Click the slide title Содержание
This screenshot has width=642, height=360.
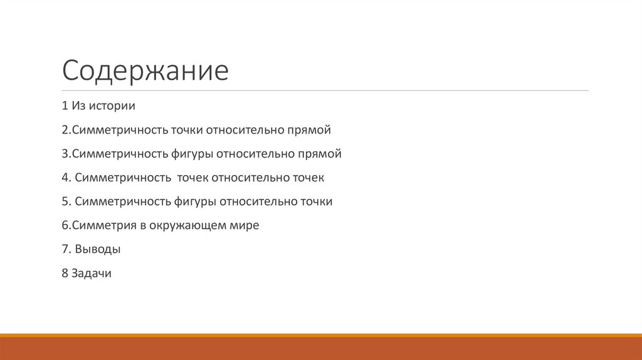pyautogui.click(x=145, y=71)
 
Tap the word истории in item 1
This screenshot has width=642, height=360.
pyautogui.click(x=112, y=106)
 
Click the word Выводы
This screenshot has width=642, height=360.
pyautogui.click(x=97, y=250)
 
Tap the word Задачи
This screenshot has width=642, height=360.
pyautogui.click(x=92, y=273)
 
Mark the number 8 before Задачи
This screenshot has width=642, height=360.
pyautogui.click(x=65, y=273)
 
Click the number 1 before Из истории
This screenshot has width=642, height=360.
pyautogui.click(x=65, y=106)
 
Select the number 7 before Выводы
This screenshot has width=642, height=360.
pyautogui.click(x=65, y=250)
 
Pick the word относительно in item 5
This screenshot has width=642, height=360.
pyautogui.click(x=258, y=202)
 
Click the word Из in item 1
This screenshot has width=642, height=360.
pyautogui.click(x=78, y=106)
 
